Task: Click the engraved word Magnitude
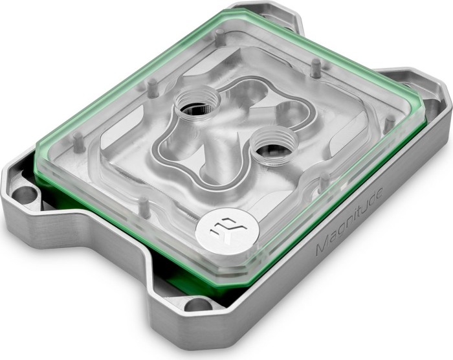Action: (349, 221)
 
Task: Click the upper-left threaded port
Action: (198, 106)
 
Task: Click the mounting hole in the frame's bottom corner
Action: (199, 306)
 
